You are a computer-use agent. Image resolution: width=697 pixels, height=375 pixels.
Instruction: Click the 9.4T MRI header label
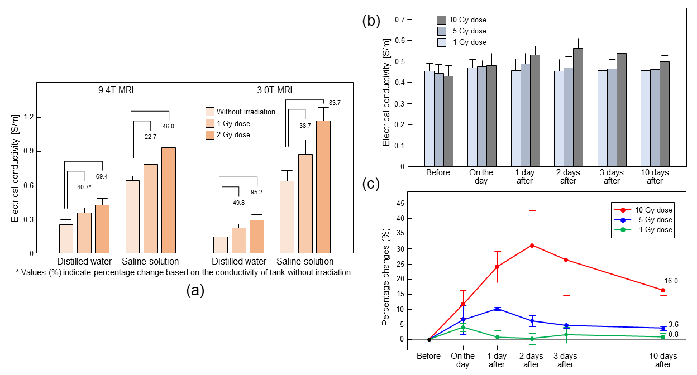[x=116, y=90]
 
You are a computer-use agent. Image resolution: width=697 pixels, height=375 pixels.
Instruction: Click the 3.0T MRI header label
[x=274, y=90]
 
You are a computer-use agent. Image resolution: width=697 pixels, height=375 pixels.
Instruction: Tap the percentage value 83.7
[x=335, y=103]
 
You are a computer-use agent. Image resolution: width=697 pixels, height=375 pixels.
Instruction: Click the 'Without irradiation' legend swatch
[x=210, y=112]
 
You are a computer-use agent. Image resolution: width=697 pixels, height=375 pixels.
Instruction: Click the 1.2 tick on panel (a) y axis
[x=26, y=118]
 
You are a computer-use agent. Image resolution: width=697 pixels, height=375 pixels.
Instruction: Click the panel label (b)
[x=372, y=21]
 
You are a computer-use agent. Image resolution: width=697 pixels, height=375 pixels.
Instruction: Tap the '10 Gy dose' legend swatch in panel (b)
[x=441, y=20]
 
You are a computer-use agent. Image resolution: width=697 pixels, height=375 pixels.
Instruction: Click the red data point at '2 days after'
[x=532, y=245]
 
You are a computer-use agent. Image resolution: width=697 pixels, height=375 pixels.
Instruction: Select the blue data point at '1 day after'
[x=497, y=309]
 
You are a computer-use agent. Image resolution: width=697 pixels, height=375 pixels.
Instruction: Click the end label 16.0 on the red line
[x=671, y=281]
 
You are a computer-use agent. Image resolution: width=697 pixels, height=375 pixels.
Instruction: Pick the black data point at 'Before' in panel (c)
[x=429, y=339]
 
